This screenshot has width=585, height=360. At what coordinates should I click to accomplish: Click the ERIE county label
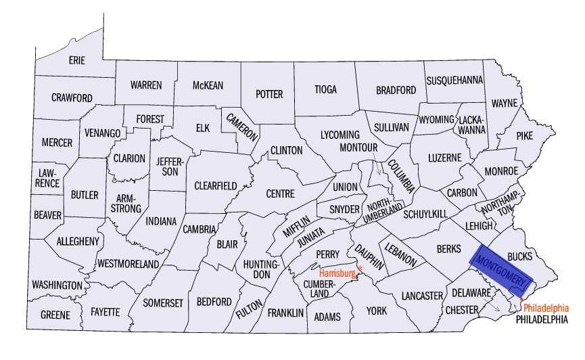77,60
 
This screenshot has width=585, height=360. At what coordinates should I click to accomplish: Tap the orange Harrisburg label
337,273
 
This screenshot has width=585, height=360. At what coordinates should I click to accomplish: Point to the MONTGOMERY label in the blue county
501,269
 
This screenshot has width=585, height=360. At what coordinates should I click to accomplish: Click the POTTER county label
269,94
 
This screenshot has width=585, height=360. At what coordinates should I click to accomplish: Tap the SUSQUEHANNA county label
454,80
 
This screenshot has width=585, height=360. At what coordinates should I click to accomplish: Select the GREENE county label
55,315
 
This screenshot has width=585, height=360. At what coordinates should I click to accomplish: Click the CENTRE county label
280,194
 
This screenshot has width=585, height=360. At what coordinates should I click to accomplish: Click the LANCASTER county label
421,296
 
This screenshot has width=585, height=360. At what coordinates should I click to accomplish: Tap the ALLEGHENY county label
78,241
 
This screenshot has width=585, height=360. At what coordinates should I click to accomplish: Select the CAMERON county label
241,126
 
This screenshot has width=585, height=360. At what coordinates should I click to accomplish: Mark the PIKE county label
524,135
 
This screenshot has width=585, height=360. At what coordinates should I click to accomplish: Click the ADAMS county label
329,317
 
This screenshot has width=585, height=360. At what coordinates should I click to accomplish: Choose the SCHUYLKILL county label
425,214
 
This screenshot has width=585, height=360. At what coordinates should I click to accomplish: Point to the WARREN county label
146,85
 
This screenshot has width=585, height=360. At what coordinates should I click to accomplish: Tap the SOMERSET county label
163,303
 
